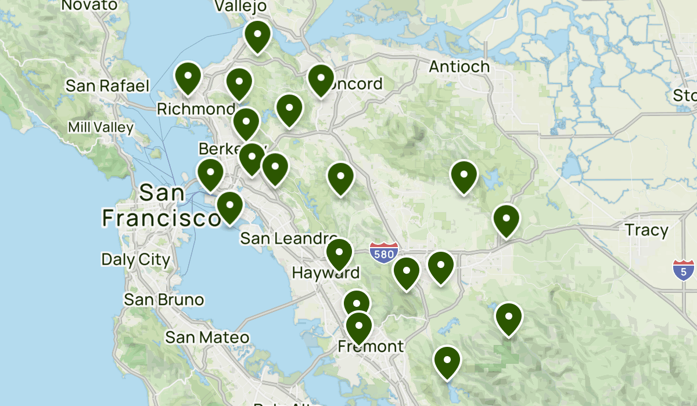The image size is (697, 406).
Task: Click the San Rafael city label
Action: pyautogui.click(x=107, y=86)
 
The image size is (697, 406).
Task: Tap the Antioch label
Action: pyautogui.click(x=459, y=67)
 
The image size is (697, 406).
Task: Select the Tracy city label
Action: pyautogui.click(x=646, y=230)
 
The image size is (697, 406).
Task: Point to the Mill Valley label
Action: pyautogui.click(x=100, y=127)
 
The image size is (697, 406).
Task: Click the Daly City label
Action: pyautogui.click(x=136, y=259)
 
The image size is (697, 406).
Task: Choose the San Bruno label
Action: pyautogui.click(x=164, y=300)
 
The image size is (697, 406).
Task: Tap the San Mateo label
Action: pyautogui.click(x=207, y=338)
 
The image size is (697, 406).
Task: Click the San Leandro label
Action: pyautogui.click(x=288, y=238)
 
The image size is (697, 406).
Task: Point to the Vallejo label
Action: pyautogui.click(x=240, y=6)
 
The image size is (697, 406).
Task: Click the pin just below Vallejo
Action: pyautogui.click(x=257, y=36)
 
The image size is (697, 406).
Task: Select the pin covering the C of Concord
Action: pyautogui.click(x=321, y=80)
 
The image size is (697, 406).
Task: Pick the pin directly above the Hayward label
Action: pyautogui.click(x=339, y=254)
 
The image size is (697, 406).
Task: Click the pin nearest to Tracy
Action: pyautogui.click(x=506, y=220)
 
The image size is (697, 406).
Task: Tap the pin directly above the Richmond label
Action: pyautogui.click(x=188, y=78)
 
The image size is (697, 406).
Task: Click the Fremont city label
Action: pyautogui.click(x=371, y=347)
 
